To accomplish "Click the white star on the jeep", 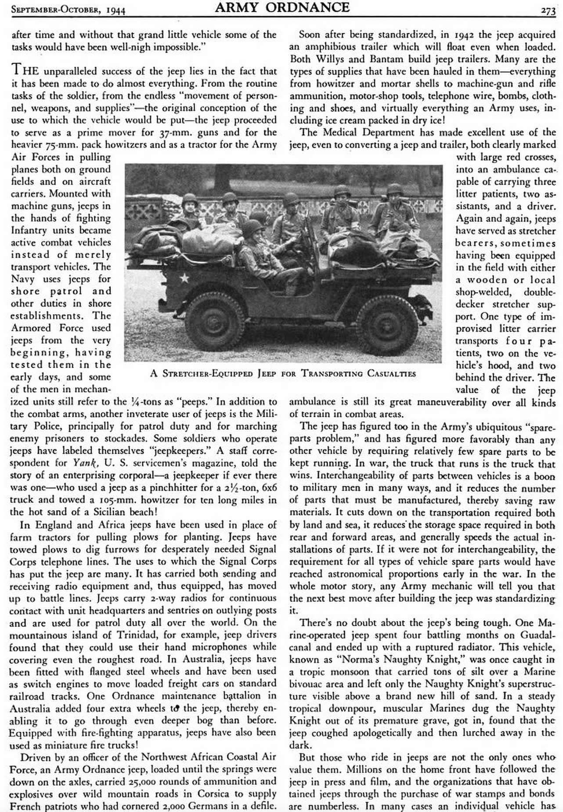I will pos(184,277).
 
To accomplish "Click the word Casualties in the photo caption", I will pos(390,374).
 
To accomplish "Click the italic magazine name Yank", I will pos(83,463).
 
